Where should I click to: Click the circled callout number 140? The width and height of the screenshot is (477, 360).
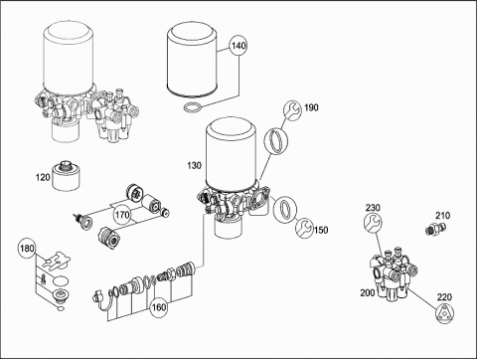pos(238,46)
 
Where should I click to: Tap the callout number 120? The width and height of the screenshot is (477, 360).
pos(43,177)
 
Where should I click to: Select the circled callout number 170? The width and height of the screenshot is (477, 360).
pos(122,215)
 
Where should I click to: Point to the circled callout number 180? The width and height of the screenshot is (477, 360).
pos(27,248)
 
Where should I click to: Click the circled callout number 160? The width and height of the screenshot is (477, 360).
pos(159,307)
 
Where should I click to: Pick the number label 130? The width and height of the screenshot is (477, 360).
pos(194,165)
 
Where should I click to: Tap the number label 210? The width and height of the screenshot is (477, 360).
pos(442,216)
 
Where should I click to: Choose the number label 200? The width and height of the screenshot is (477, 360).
pos(368,292)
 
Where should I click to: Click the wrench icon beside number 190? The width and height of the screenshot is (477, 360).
pos(292,110)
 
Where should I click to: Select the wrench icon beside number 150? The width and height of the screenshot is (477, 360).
pos(304,228)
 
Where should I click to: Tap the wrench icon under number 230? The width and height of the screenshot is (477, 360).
pos(373,223)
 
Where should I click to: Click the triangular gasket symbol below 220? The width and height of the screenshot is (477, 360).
pos(444,314)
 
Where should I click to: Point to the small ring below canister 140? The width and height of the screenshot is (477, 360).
pos(192,108)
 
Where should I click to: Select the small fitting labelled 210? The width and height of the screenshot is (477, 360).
pos(436,229)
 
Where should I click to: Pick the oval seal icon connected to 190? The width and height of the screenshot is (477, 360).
pos(276,141)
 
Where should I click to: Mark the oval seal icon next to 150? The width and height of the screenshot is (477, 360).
pos(285,210)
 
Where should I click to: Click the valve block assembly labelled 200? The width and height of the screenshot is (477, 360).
pos(394,272)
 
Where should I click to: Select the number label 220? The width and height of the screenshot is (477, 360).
pos(444,297)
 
